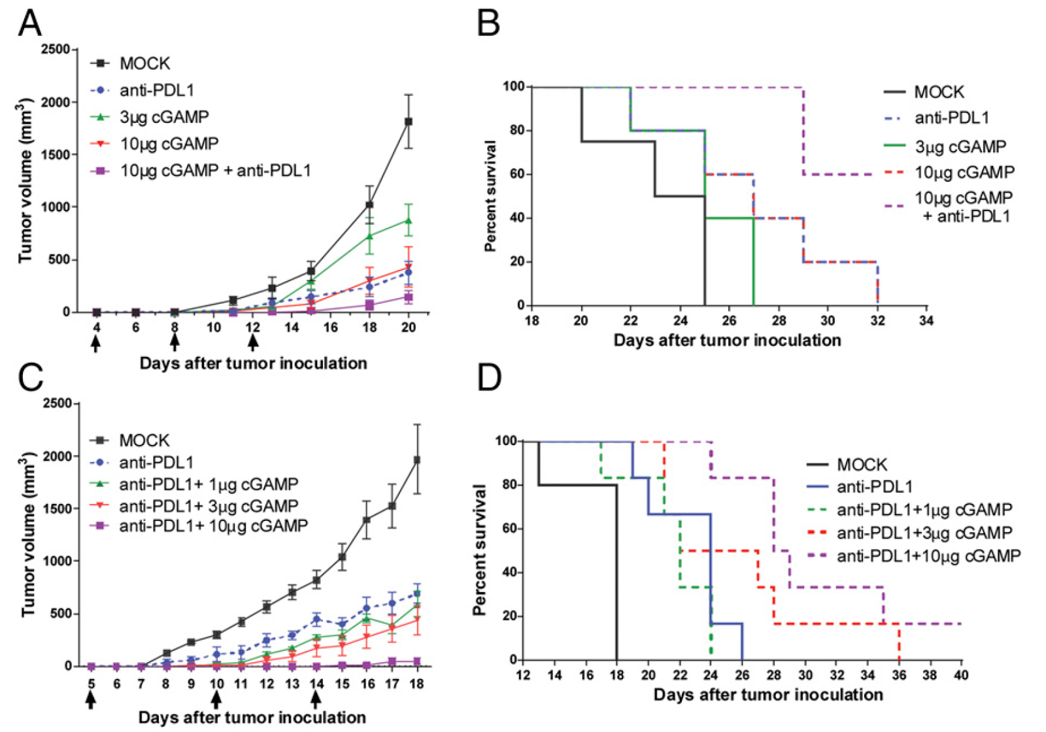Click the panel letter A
pos(30,24)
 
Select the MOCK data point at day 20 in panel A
pos(409,122)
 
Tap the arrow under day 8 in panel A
pos(175,341)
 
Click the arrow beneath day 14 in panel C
pos(316,699)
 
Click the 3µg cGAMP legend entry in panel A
pos(164,116)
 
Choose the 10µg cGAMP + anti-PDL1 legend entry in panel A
pos(215,171)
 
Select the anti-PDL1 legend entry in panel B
pos(951,118)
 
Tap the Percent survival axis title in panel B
pos(490,196)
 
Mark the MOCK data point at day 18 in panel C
pos(416,460)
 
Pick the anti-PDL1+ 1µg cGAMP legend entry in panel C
pos(208,484)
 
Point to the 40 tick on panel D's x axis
pos(960,674)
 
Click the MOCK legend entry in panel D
pos(862,465)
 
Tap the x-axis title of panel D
pos(768,694)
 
